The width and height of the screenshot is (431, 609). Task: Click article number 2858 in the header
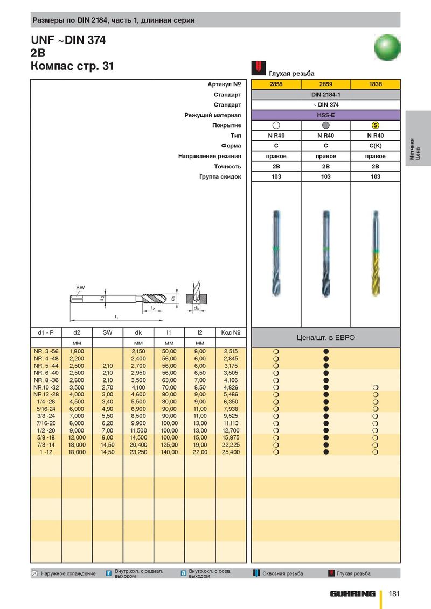[276, 84]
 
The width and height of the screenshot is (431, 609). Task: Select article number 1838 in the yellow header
[376, 84]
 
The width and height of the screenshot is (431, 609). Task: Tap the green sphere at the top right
[387, 47]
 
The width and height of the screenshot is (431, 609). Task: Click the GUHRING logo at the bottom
[353, 593]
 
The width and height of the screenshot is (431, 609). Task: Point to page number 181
[394, 593]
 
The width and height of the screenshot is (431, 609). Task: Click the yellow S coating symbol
[376, 125]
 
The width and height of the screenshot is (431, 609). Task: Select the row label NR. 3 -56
[45, 351]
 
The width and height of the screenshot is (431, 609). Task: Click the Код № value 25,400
[231, 452]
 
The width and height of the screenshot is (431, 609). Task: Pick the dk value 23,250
[138, 452]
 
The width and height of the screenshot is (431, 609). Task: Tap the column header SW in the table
[108, 332]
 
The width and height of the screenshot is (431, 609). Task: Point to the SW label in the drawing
[80, 288]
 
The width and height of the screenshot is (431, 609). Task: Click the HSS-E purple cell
[325, 115]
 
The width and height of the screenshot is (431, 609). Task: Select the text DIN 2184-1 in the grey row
[325, 95]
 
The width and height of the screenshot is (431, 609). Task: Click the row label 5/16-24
[45, 409]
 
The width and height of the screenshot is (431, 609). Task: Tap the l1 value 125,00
[169, 445]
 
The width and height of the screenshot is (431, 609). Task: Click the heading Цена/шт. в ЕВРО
[325, 338]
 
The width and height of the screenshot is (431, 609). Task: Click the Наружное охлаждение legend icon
[35, 573]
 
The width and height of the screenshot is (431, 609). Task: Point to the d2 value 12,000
[77, 438]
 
